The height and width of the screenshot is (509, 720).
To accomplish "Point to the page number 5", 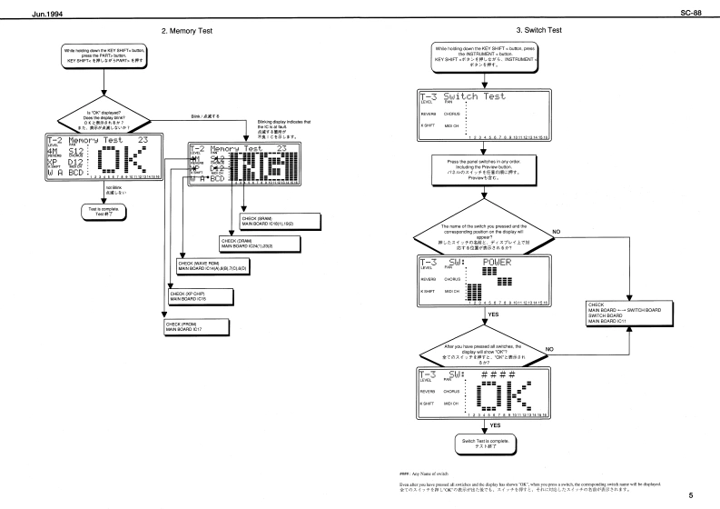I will tap(691, 496).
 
